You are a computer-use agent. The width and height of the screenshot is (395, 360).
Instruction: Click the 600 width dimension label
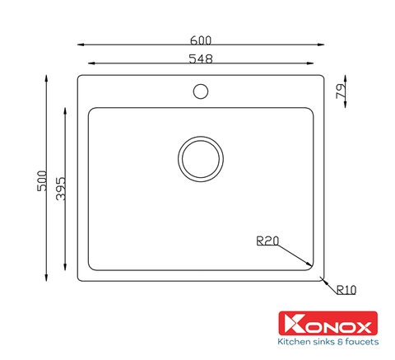(201, 40)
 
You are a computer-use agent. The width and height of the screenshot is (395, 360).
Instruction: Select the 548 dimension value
(201, 58)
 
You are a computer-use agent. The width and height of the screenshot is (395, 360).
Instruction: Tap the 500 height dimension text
(42, 180)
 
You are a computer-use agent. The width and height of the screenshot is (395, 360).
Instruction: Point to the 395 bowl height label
(61, 188)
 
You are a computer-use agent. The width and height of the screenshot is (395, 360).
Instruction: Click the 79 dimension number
(341, 91)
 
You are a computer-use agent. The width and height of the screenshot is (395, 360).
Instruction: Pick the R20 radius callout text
(267, 241)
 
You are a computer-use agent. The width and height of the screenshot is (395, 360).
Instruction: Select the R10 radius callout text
(346, 290)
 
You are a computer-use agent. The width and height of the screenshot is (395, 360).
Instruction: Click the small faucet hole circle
(201, 84)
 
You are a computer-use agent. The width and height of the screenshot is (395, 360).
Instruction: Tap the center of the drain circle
(201, 159)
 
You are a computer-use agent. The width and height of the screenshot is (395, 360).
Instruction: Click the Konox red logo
(328, 323)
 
